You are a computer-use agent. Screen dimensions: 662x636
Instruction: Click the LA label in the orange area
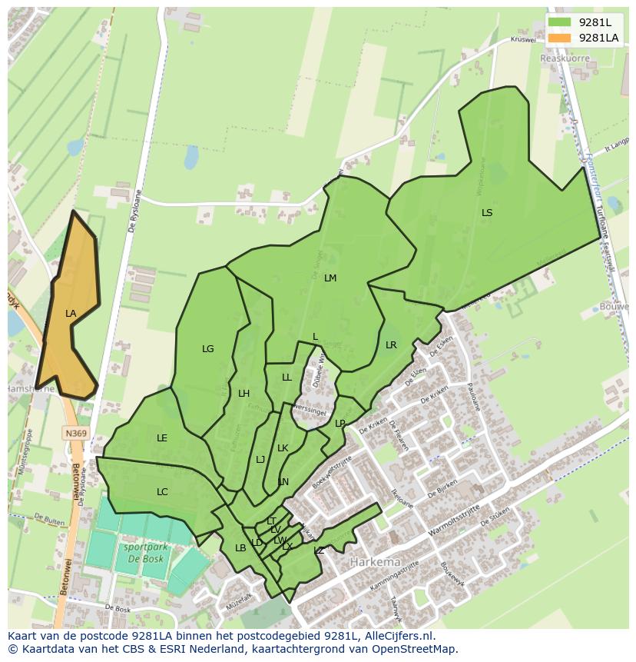click(x=71, y=314)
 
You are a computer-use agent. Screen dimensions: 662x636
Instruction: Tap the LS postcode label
click(x=487, y=213)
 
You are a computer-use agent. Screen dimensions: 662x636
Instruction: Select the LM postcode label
click(x=330, y=278)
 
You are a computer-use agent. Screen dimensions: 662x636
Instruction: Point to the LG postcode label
click(x=208, y=349)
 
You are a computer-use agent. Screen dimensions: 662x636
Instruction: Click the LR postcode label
click(x=391, y=345)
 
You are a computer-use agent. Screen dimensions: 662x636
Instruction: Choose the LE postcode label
click(x=162, y=438)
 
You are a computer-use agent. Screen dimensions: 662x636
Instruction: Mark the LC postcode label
click(x=162, y=492)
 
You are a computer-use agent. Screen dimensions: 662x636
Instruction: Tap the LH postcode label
click(x=243, y=394)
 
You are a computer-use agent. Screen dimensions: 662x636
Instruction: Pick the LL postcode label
click(x=287, y=378)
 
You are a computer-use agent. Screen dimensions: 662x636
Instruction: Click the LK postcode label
click(x=283, y=448)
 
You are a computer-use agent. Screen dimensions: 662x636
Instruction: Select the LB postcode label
click(x=240, y=548)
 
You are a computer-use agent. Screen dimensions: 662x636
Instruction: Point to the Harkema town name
click(x=376, y=562)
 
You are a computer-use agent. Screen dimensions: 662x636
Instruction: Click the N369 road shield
click(x=75, y=434)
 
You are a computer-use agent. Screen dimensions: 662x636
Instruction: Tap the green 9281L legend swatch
click(x=560, y=22)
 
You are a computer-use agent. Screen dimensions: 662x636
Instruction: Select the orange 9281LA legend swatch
click(x=560, y=38)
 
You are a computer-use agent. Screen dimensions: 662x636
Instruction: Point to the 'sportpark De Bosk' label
click(x=144, y=554)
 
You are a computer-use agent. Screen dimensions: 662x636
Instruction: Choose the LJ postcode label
click(x=260, y=460)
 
